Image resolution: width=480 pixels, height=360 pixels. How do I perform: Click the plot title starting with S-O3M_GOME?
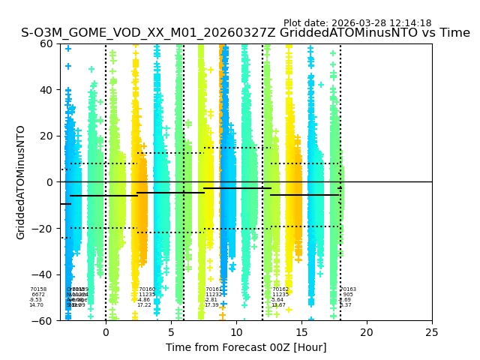pos(245,33)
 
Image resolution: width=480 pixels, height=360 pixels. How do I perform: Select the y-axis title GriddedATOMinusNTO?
pos(21,182)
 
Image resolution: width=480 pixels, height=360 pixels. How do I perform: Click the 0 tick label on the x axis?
pos(106,332)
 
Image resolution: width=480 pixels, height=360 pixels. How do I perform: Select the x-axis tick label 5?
pos(171,332)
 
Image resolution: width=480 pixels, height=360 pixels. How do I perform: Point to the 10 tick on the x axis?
pos(236,332)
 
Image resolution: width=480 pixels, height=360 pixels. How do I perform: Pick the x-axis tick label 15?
pos(301,332)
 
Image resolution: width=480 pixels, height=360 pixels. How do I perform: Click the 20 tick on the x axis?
pos(367,332)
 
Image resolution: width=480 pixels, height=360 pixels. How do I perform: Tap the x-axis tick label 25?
pos(432,332)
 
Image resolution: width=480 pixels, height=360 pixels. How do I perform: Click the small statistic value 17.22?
pos(144,305)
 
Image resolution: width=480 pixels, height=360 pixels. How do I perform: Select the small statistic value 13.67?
pos(278,305)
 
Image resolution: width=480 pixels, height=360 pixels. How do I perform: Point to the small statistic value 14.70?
pos(36,305)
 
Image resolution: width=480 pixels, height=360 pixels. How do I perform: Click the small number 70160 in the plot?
pos(147,289)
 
